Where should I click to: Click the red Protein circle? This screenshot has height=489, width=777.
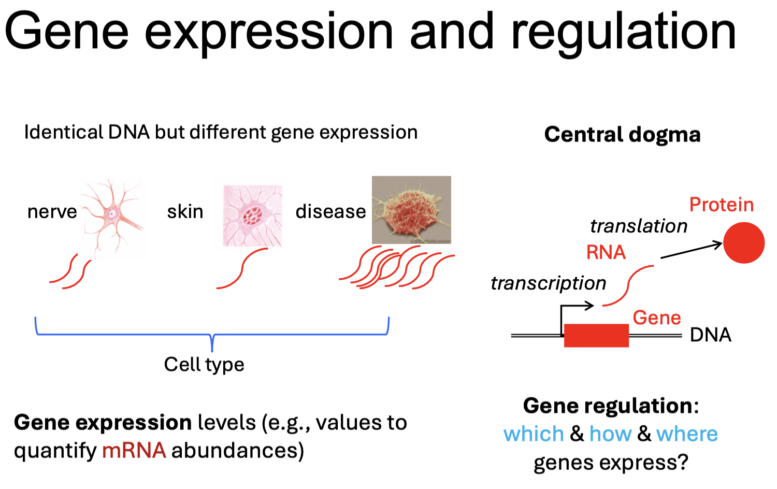pyautogui.click(x=743, y=242)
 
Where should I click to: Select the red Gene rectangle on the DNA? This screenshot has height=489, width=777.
pyautogui.click(x=596, y=335)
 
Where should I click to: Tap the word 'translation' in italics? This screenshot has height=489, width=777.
pyautogui.click(x=638, y=226)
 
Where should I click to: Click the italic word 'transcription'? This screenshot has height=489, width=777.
pyautogui.click(x=548, y=283)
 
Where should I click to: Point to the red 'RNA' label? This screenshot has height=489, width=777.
pyautogui.click(x=606, y=252)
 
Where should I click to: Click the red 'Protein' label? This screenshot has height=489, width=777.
pyautogui.click(x=721, y=205)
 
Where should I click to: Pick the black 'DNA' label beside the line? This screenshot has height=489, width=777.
pyautogui.click(x=710, y=335)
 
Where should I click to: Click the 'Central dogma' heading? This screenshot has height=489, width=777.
pyautogui.click(x=622, y=134)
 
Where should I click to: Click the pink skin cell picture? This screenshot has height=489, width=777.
pyautogui.click(x=253, y=215)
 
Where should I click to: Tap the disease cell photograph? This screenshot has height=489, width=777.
pyautogui.click(x=411, y=210)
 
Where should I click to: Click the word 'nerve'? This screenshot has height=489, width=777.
pyautogui.click(x=52, y=211)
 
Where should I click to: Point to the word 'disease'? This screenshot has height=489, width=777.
pyautogui.click(x=330, y=211)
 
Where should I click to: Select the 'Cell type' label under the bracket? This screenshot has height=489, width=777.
pyautogui.click(x=204, y=364)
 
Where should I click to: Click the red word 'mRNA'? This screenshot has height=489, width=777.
pyautogui.click(x=134, y=450)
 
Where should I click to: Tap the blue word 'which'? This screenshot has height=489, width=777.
pyautogui.click(x=534, y=434)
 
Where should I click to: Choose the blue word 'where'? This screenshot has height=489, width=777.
pyautogui.click(x=687, y=434)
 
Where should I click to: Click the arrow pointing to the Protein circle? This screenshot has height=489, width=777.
pyautogui.click(x=691, y=250)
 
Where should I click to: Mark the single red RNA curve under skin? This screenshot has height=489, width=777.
pyautogui.click(x=242, y=268)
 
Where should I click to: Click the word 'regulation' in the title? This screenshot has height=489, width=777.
pyautogui.click(x=623, y=32)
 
